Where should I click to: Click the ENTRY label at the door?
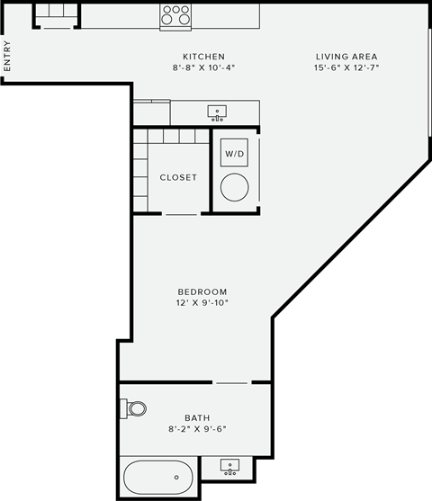pyautogui.click(x=7, y=57)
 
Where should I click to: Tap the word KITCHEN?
pyautogui.click(x=203, y=56)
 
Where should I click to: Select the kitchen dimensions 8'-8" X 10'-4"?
pyautogui.click(x=203, y=68)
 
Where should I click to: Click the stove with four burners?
pyautogui.click(x=176, y=16)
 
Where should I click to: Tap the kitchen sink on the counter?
pyautogui.click(x=217, y=112)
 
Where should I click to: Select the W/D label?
pyautogui.click(x=234, y=154)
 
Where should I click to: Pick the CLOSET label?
pyautogui.click(x=178, y=177)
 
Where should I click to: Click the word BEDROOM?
pyautogui.click(x=202, y=291)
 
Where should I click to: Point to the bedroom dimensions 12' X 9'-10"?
pyautogui.click(x=202, y=303)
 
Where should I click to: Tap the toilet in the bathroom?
pyautogui.click(x=135, y=409)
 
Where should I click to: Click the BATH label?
pyautogui.click(x=196, y=417)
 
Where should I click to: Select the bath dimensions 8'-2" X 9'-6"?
pyautogui.click(x=196, y=429)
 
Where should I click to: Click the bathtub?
pyautogui.click(x=158, y=476)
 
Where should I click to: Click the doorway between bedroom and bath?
pyautogui.click(x=232, y=382)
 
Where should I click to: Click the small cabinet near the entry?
pyautogui.click(x=56, y=15)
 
